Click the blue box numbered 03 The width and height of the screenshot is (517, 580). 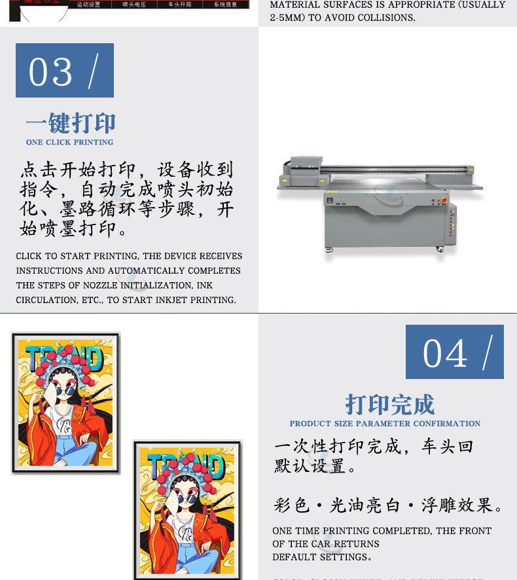pos(64,71)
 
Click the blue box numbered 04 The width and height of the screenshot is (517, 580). pos(454,352)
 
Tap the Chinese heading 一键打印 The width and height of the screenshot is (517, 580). pos(71,123)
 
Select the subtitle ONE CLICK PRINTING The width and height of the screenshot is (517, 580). pos(69,142)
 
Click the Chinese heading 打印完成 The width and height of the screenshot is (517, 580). pos(389,405)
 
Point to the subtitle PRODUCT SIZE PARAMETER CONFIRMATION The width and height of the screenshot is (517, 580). pos(385,424)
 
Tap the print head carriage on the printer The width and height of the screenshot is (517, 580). pos(306,170)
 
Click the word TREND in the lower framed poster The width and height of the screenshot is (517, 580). pos(186,465)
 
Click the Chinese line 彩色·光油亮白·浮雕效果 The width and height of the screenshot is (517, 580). pos(389,505)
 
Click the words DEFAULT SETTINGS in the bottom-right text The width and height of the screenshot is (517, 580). pos(320,556)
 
